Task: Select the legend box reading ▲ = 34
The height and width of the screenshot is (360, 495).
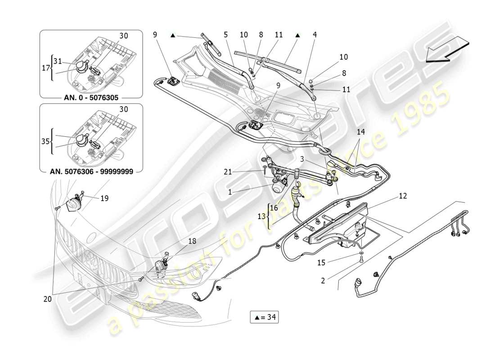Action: [264, 317]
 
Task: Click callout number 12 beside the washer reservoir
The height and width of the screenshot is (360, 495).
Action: [403, 196]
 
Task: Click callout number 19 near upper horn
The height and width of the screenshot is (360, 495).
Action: [104, 198]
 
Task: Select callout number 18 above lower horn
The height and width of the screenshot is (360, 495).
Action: [192, 242]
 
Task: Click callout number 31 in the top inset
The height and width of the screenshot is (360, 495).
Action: [57, 61]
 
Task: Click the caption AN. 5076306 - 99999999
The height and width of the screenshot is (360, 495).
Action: [92, 171]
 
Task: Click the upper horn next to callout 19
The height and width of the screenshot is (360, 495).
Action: [73, 205]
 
